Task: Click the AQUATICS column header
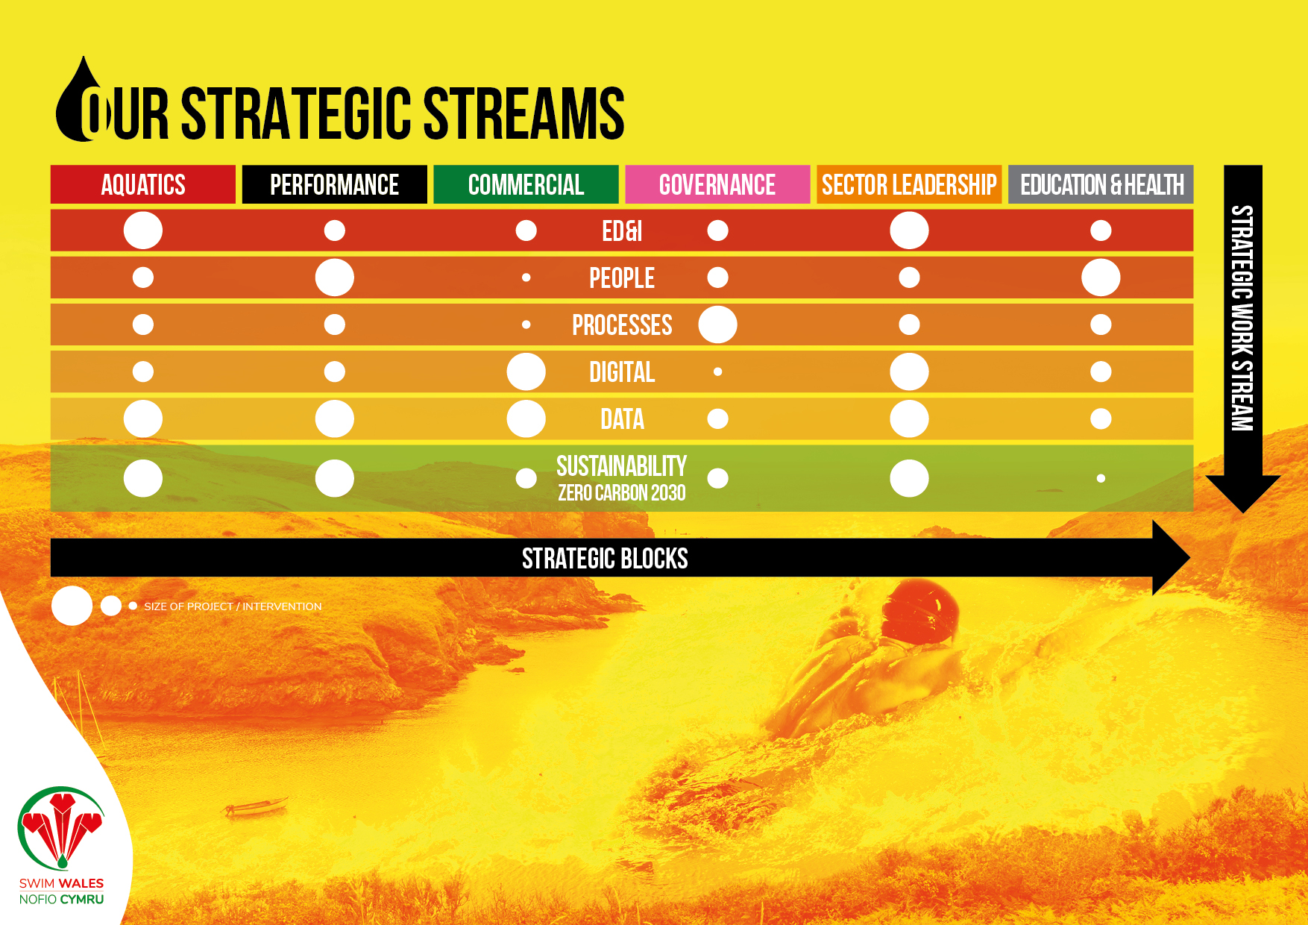[143, 184]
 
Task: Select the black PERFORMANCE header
[335, 184]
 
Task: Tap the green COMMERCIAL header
[526, 184]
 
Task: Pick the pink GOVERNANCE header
[717, 184]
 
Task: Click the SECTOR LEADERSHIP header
[909, 184]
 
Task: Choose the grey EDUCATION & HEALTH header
[1101, 184]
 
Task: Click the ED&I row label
[622, 231]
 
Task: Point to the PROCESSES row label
[622, 325]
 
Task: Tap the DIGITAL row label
[622, 372]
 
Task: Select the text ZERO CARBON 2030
[622, 493]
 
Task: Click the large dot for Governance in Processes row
[717, 324]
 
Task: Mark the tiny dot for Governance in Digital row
[717, 371]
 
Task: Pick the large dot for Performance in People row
[335, 277]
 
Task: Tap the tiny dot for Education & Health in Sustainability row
[1101, 478]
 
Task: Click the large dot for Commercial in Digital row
[526, 371]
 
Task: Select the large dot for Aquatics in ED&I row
[143, 231]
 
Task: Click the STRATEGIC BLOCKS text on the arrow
[605, 559]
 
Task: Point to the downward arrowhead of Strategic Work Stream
[1243, 493]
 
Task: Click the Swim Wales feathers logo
[61, 828]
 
